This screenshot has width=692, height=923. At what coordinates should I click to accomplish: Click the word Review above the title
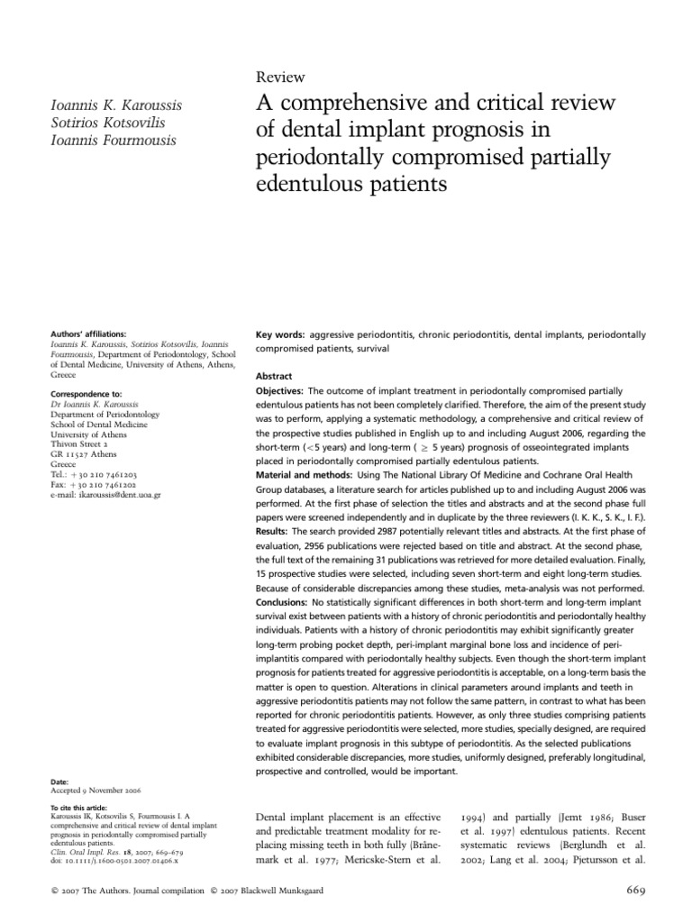tap(280, 78)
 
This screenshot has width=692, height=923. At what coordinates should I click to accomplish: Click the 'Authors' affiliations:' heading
tap(87, 333)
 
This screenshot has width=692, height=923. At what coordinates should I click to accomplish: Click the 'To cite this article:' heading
tap(80, 808)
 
